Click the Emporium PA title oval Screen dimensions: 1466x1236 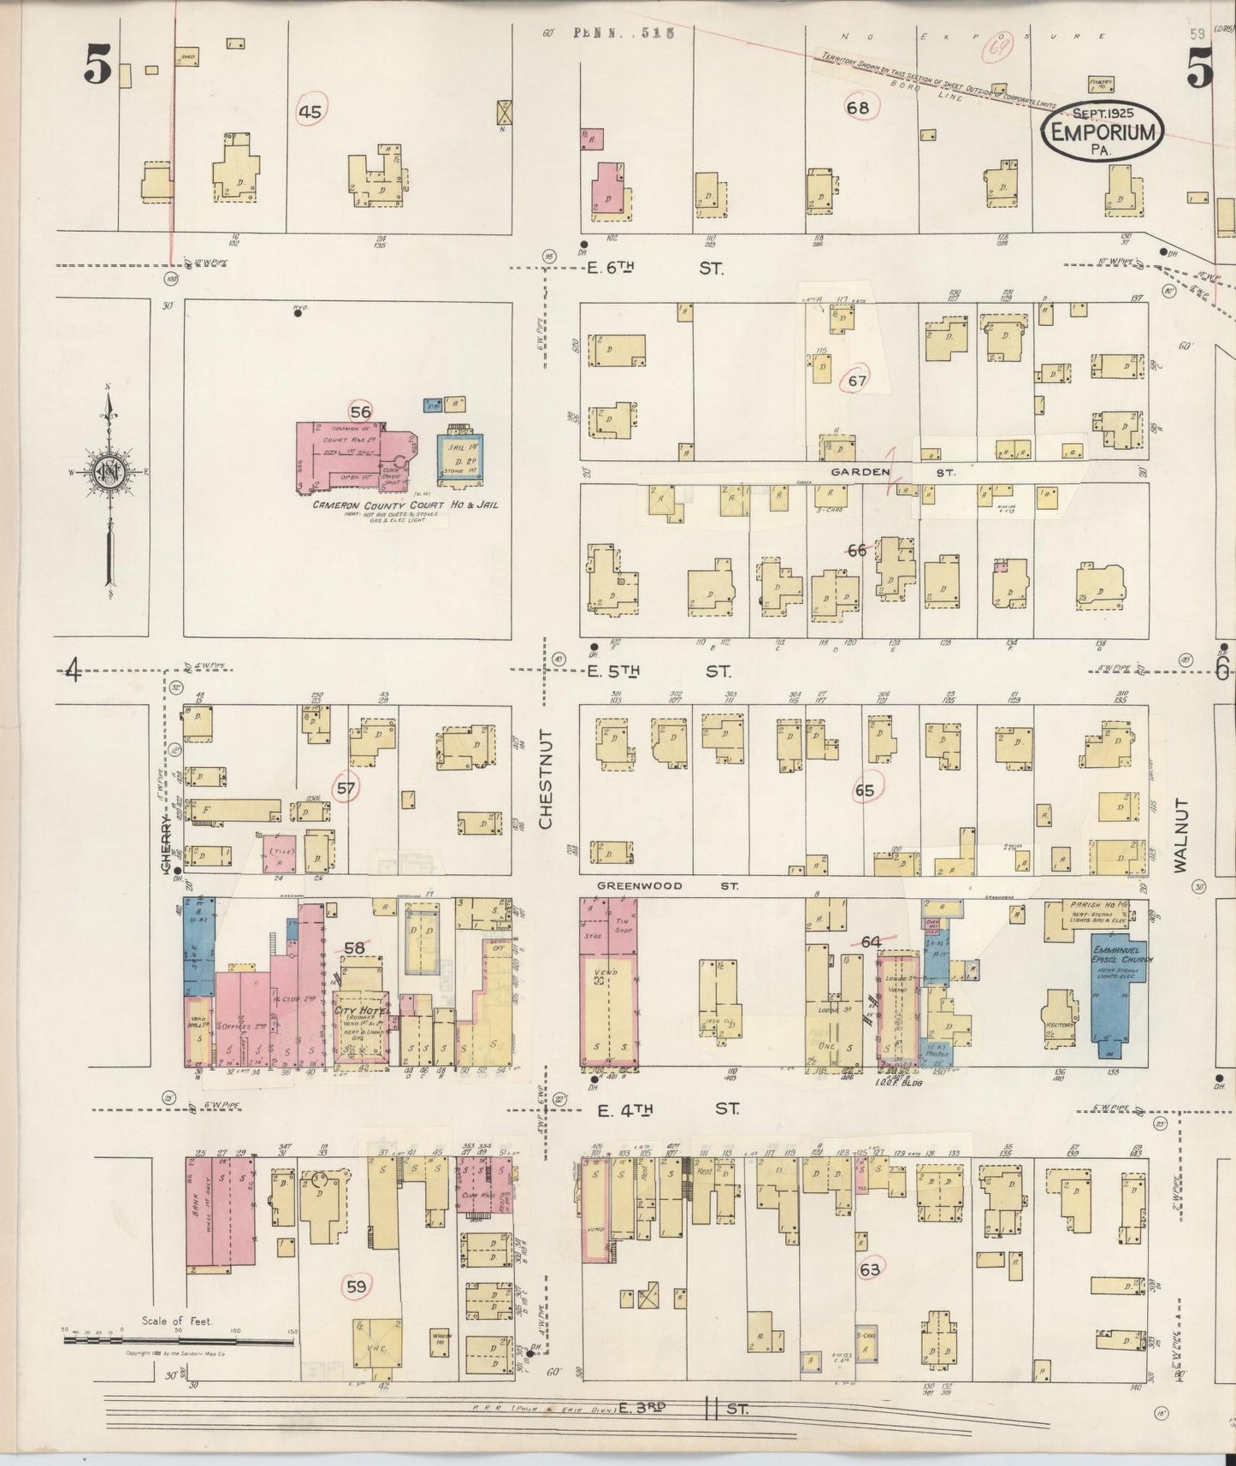pyautogui.click(x=1103, y=131)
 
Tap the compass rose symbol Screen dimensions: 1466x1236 pyautogui.click(x=109, y=473)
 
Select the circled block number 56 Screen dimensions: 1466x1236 pyautogui.click(x=361, y=411)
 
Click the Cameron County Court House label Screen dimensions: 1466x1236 pyautogui.click(x=405, y=505)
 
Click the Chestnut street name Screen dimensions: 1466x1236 pyautogui.click(x=546, y=778)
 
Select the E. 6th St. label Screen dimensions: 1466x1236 pyautogui.click(x=654, y=268)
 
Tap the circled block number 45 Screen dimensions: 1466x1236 pyautogui.click(x=310, y=112)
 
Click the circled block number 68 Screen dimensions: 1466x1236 pyautogui.click(x=858, y=108)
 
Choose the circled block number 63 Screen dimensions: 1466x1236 pyautogui.click(x=870, y=1270)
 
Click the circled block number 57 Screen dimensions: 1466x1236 pyautogui.click(x=346, y=787)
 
